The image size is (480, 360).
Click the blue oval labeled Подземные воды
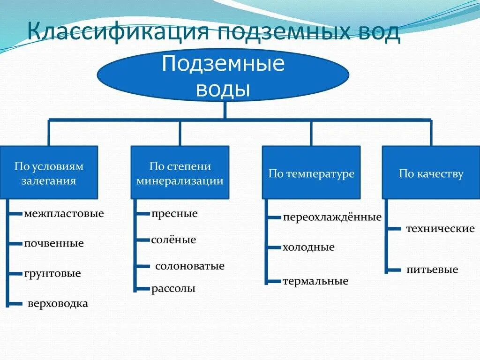[223, 75]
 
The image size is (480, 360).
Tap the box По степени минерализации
[180, 172]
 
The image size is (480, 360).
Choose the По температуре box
[311, 172]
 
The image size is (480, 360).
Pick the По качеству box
[431, 172]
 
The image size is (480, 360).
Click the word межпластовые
[64, 214]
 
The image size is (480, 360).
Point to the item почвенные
[54, 243]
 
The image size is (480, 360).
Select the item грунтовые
[52, 273]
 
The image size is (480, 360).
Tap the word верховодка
[58, 303]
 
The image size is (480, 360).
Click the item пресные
[174, 214]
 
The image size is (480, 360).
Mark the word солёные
[173, 240]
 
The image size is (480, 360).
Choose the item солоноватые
[190, 266]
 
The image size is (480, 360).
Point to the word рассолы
[173, 289]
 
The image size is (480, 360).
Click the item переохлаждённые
[332, 217]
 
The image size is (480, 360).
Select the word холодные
[308, 247]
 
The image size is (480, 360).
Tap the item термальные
[315, 281]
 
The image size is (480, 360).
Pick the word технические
[440, 229]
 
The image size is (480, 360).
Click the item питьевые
[432, 270]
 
